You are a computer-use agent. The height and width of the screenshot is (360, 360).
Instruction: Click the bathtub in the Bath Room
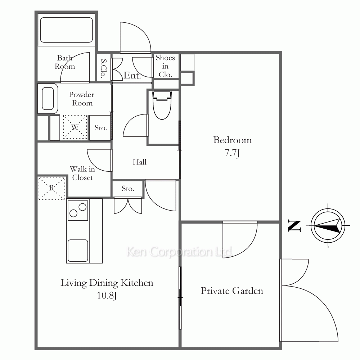[66, 30]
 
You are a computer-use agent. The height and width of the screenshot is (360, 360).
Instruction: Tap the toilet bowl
[162, 105]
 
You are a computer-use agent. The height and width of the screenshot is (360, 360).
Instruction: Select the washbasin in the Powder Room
[48, 99]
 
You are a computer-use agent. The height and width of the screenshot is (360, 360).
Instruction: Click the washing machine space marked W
[75, 127]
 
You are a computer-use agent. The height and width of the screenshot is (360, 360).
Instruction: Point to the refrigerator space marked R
[51, 188]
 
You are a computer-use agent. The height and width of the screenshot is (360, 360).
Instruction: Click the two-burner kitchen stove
[78, 211]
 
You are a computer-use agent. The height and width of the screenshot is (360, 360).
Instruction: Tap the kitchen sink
[78, 251]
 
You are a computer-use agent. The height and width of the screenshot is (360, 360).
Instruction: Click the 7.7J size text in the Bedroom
[232, 153]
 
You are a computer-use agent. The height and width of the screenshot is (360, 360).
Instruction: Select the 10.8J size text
[107, 296]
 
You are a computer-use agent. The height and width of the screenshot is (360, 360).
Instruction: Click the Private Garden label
[232, 291]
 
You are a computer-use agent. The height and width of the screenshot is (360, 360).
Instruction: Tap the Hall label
[139, 162]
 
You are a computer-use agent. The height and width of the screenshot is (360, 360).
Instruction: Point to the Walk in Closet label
[82, 173]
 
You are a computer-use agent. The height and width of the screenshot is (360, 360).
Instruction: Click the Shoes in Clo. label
[165, 66]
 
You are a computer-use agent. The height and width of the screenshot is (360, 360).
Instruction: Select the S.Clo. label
[104, 68]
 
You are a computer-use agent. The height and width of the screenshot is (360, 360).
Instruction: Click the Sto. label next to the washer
[101, 128]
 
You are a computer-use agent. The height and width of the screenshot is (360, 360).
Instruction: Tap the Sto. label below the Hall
[128, 189]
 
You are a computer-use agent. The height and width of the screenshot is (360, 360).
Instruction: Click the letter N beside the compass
[294, 226]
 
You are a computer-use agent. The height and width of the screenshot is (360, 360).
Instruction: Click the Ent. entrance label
[132, 75]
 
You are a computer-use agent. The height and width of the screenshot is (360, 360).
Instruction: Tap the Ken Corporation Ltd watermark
[179, 252]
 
